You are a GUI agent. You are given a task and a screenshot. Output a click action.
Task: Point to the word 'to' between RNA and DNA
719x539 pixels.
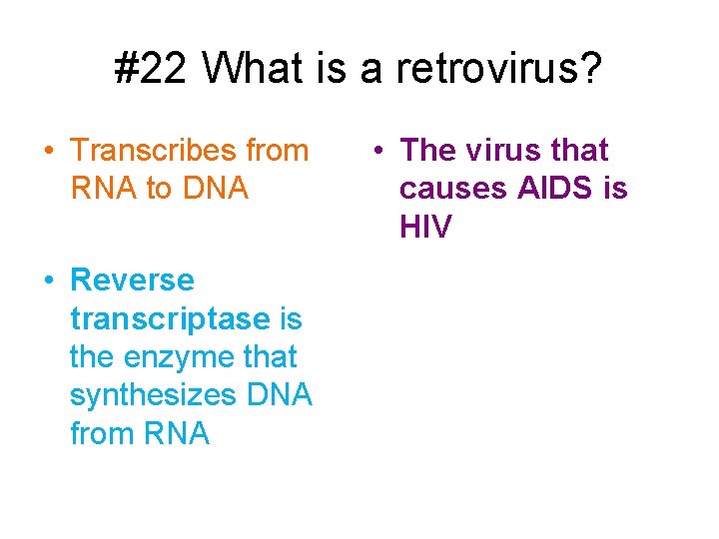coord(160,189)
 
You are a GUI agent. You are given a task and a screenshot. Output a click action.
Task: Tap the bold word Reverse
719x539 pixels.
coord(132,280)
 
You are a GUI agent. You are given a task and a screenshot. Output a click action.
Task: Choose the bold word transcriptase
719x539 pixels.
coord(170,319)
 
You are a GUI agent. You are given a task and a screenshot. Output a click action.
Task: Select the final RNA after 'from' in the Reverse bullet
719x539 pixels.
coord(177,434)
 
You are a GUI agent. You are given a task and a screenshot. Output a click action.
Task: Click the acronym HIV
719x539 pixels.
coord(425,228)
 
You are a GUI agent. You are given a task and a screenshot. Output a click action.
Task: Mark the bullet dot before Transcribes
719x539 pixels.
coord(49,152)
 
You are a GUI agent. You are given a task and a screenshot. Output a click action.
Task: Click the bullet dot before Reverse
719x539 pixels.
coord(49,281)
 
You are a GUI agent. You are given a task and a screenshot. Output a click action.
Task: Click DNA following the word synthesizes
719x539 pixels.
coord(279,396)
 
